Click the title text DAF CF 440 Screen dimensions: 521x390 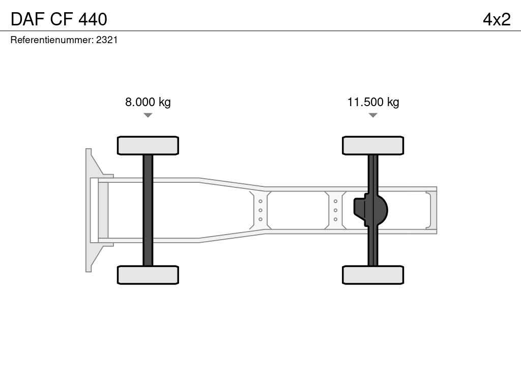pos(59,19)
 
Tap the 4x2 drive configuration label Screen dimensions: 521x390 pos(497,19)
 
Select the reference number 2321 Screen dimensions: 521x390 pos(107,40)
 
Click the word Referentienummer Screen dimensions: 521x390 pos(52,40)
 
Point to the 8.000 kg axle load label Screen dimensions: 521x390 pos(148,102)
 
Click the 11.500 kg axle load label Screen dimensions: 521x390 pos(373,102)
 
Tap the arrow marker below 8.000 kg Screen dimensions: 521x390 pos(148,115)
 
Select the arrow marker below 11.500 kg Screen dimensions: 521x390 pos(373,115)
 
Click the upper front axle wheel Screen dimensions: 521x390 pos(148,146)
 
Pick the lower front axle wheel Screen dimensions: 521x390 pos(148,275)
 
